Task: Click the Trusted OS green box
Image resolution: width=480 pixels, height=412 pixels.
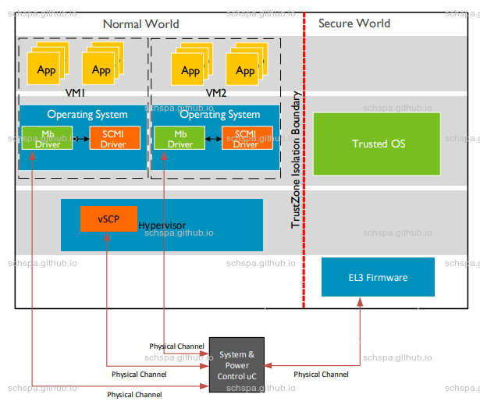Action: (376, 144)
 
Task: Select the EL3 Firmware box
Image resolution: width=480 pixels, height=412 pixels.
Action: (378, 277)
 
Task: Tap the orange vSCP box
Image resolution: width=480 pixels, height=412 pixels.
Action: (108, 218)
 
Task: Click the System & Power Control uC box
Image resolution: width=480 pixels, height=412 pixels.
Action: (236, 365)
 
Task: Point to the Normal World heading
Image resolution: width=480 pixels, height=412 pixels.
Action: (140, 24)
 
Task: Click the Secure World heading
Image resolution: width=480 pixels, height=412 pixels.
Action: (354, 23)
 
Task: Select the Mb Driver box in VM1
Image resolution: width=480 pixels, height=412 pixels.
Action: (47, 138)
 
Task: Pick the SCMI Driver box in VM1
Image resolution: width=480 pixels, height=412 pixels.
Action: (113, 138)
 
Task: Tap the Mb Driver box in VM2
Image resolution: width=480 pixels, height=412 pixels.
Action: (180, 138)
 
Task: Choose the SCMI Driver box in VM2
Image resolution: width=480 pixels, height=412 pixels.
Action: (246, 138)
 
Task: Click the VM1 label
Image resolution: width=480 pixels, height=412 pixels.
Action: (75, 92)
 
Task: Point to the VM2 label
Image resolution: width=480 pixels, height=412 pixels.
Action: (215, 92)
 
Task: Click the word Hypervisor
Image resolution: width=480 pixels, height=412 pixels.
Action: (162, 226)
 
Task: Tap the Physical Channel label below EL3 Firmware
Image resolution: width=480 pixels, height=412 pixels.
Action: (321, 375)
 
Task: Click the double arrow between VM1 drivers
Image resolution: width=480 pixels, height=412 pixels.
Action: (81, 139)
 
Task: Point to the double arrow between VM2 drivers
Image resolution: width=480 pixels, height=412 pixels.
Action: (213, 139)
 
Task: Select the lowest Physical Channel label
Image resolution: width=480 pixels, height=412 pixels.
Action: (134, 395)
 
